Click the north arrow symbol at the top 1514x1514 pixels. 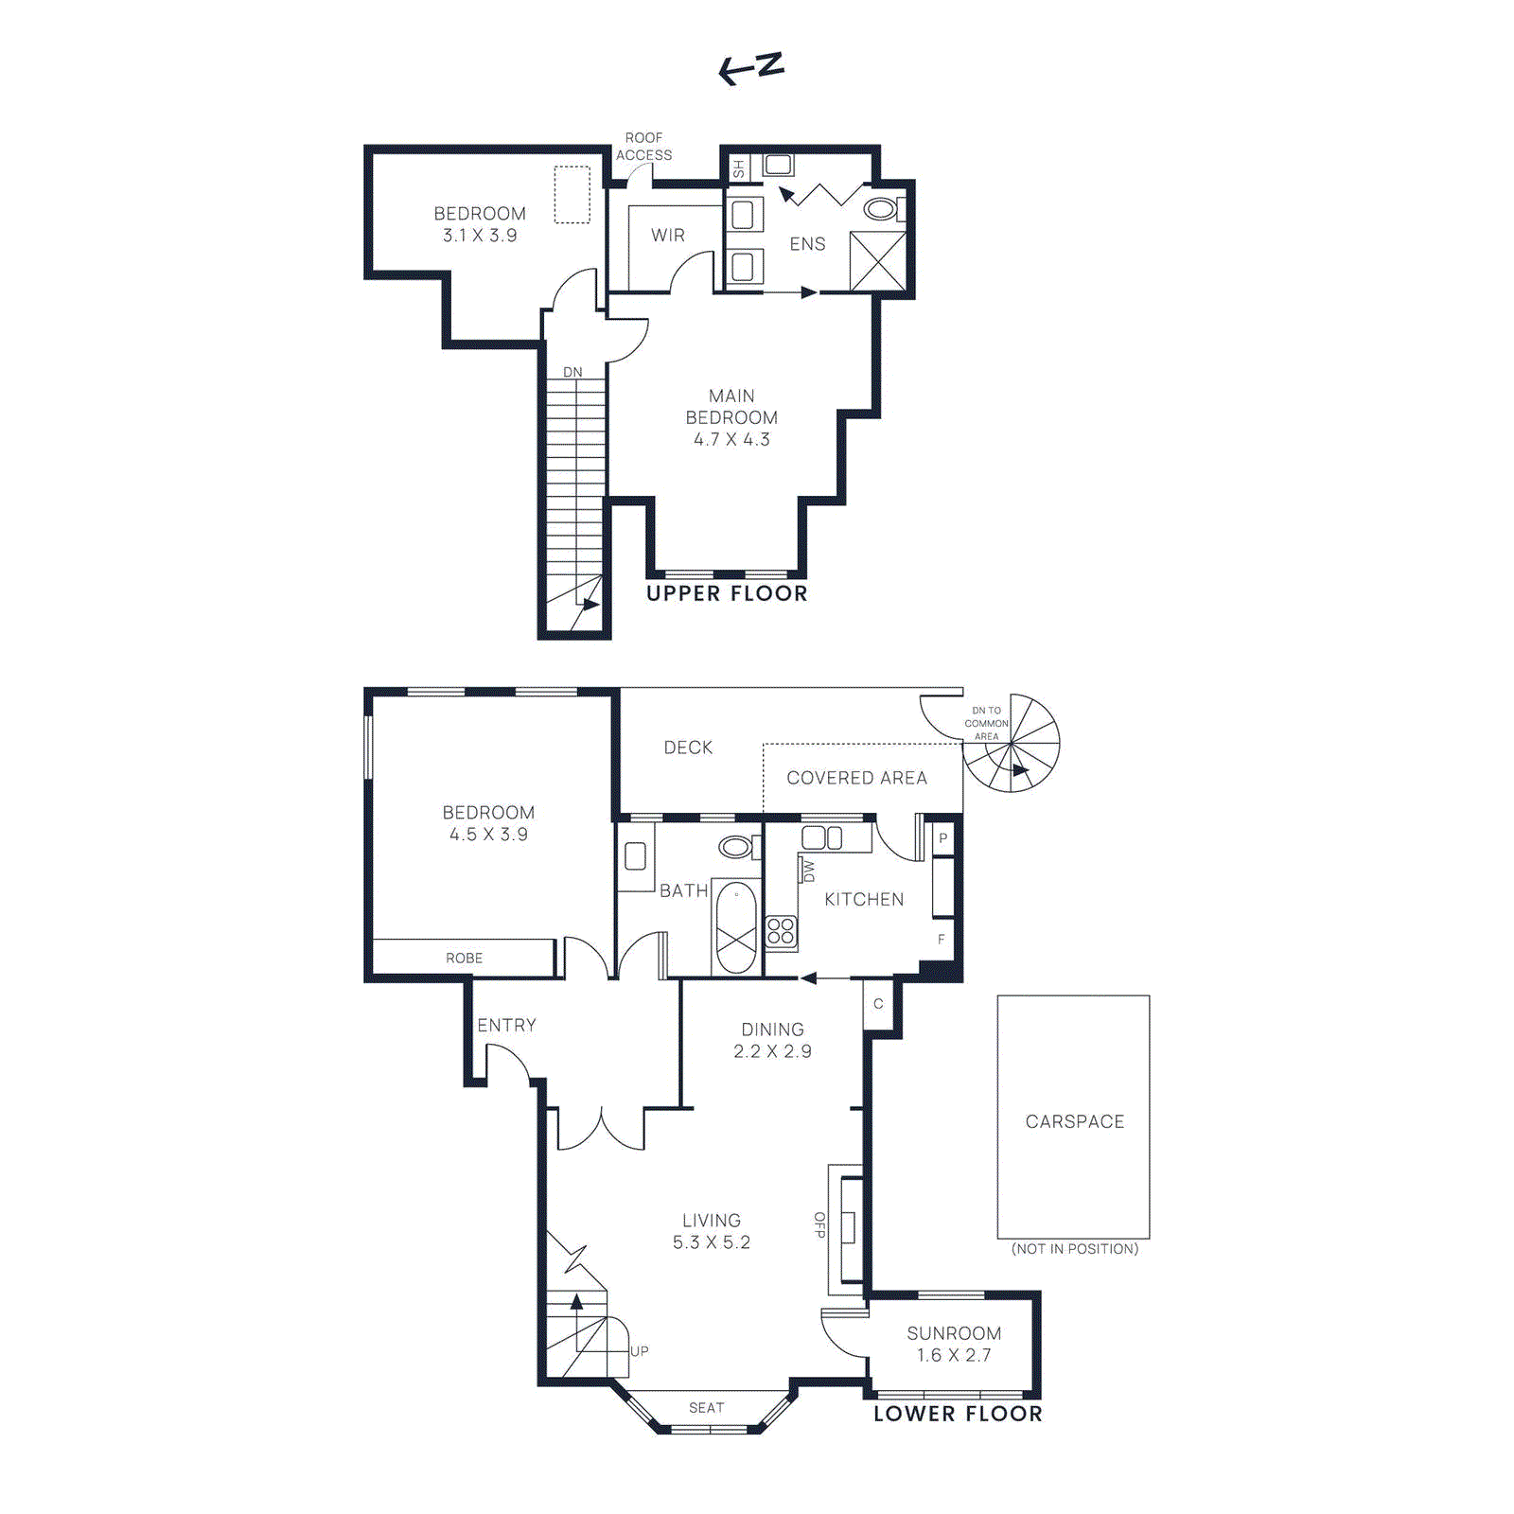(x=751, y=68)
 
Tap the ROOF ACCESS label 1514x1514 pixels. (x=643, y=147)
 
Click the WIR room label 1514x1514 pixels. (x=667, y=236)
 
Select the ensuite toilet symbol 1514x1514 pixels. (x=882, y=209)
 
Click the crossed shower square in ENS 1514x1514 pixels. (x=877, y=261)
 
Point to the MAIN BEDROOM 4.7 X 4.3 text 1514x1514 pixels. (x=731, y=417)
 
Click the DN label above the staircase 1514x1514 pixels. (x=572, y=372)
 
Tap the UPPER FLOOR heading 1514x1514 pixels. (x=727, y=593)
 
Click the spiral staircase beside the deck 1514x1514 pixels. (x=1012, y=745)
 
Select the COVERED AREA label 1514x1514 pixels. (x=856, y=778)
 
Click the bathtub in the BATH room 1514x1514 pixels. (x=736, y=927)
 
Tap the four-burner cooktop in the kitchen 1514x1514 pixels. (x=781, y=931)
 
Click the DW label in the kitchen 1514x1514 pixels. (x=807, y=870)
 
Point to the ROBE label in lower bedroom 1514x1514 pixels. (x=464, y=958)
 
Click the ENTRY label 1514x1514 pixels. (x=506, y=1025)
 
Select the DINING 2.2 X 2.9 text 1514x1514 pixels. (x=772, y=1040)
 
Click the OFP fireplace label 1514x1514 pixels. (x=819, y=1224)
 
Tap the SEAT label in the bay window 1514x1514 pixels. (x=706, y=1408)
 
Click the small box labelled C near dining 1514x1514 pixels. (x=878, y=1004)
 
